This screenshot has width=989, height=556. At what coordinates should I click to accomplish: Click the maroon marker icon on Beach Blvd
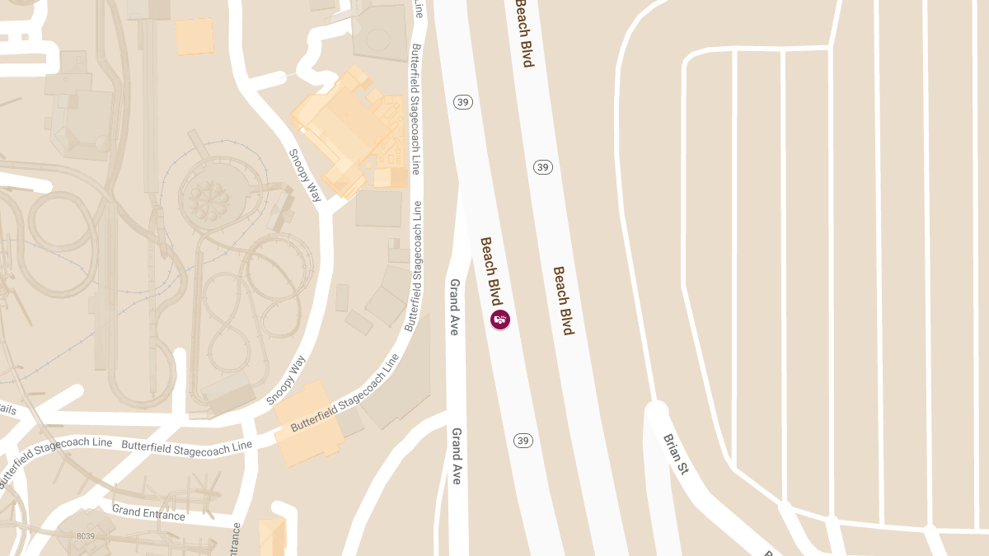(x=500, y=319)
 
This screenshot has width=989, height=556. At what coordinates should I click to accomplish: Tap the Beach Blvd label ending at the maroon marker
(x=492, y=271)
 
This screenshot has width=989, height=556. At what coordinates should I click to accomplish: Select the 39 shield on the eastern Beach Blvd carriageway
(x=542, y=167)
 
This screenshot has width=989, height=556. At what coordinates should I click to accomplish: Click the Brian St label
(x=675, y=454)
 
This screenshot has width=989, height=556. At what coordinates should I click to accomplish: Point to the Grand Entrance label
(x=148, y=513)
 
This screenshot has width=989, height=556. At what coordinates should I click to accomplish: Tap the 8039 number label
(x=87, y=536)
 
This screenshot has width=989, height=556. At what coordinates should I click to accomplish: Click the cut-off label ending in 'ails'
(x=7, y=409)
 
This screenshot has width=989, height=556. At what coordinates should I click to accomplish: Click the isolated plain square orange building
(x=195, y=36)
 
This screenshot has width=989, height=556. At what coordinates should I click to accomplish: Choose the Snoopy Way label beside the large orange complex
(x=305, y=175)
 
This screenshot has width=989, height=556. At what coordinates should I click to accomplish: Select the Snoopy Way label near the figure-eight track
(x=286, y=380)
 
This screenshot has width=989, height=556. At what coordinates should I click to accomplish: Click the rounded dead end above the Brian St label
(x=657, y=409)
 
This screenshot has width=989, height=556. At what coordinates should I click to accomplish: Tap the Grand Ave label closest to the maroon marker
(x=454, y=306)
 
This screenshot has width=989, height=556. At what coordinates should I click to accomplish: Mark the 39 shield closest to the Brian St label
(x=523, y=441)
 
